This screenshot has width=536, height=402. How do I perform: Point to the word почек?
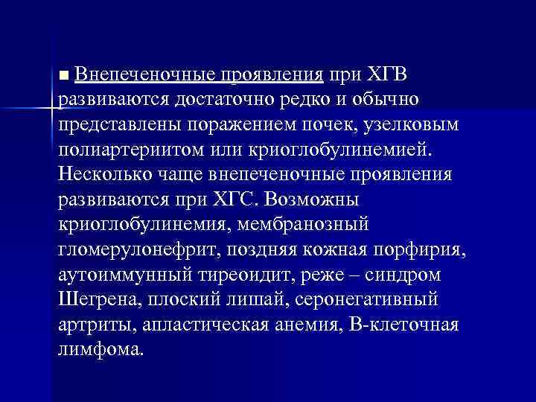point(328,125)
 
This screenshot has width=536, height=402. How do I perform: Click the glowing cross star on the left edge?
point(51,109)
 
